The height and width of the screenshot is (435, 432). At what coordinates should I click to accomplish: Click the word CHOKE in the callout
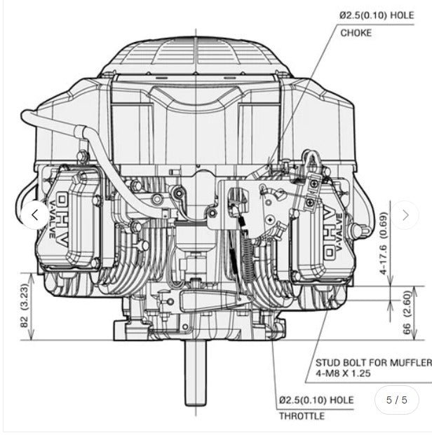[356, 33]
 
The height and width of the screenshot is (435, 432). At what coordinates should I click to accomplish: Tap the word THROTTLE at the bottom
[302, 416]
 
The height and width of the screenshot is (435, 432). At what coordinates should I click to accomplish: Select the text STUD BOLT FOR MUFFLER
[374, 363]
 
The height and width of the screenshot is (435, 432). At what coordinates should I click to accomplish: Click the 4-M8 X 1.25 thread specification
[343, 373]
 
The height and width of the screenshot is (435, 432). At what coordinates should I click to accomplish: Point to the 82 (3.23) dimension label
[25, 305]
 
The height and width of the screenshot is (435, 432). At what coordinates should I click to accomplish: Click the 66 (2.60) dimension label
[407, 312]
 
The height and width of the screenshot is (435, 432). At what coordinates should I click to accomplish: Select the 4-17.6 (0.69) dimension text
[383, 243]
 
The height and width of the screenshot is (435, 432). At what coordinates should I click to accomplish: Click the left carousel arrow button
[35, 215]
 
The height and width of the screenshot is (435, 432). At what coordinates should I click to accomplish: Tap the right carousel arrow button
[405, 215]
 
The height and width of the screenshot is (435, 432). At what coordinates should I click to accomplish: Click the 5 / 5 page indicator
[397, 400]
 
